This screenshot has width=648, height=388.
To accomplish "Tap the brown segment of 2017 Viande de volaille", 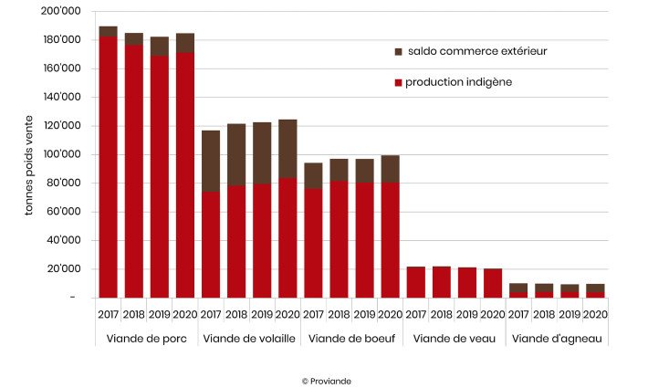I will click(x=211, y=161).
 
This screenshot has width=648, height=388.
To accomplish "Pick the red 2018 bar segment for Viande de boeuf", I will click(x=339, y=238).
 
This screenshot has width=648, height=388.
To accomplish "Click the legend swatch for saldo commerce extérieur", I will click(x=398, y=52).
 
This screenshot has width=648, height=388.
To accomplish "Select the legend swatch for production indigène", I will click(x=398, y=83).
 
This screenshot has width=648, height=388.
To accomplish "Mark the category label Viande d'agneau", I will click(x=557, y=339).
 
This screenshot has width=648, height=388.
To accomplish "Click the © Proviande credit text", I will click(x=326, y=381).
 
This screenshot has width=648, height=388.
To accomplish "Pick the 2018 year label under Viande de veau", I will click(x=442, y=314).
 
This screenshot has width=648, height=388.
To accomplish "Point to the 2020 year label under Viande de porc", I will click(x=185, y=314).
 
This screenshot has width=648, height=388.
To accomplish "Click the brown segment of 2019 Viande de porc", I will click(x=160, y=46).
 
